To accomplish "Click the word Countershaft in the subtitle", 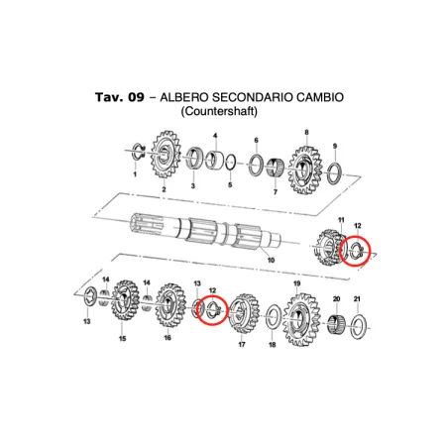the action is click(x=219, y=111).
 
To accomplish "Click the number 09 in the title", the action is click(x=136, y=97).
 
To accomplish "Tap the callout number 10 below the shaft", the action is click(x=271, y=260).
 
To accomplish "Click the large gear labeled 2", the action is click(x=165, y=155).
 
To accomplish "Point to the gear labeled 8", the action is click(x=304, y=170).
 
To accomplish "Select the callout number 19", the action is click(x=297, y=283).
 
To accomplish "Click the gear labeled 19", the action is click(x=300, y=319).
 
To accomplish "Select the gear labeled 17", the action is click(x=244, y=314).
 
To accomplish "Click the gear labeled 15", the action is click(x=124, y=301).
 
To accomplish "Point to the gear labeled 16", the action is click(x=169, y=306).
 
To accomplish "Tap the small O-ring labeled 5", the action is click(x=231, y=163).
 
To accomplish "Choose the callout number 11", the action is click(x=341, y=220).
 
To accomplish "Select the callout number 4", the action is click(x=215, y=136).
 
